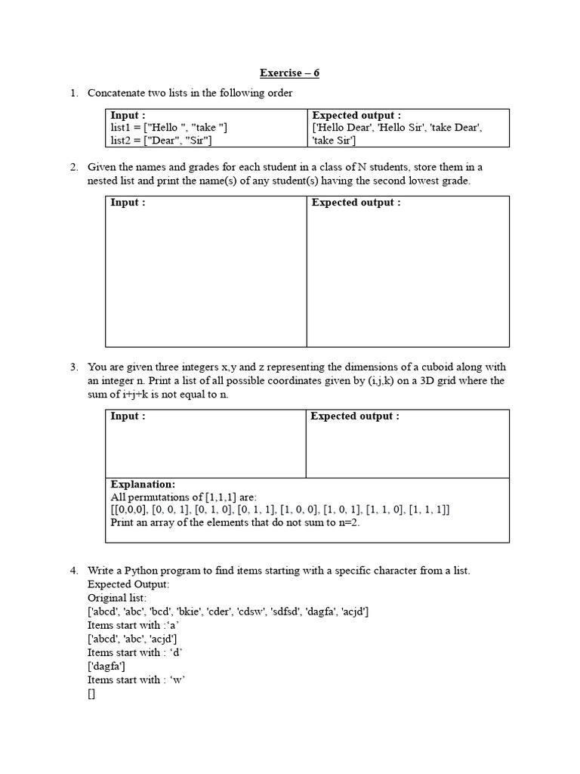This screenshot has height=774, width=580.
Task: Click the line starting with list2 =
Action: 161,140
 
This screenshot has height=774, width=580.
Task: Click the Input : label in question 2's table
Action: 128,203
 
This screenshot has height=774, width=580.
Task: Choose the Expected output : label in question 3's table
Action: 355,416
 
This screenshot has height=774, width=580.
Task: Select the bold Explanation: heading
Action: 143,484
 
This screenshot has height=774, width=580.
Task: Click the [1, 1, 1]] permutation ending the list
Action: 429,509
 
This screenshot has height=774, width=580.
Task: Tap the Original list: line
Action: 119,598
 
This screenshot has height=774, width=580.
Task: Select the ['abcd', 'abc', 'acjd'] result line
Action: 132,639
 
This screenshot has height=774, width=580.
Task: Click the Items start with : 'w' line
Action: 137,680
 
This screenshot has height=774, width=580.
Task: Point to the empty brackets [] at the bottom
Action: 91,694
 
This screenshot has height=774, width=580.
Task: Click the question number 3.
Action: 74,367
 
